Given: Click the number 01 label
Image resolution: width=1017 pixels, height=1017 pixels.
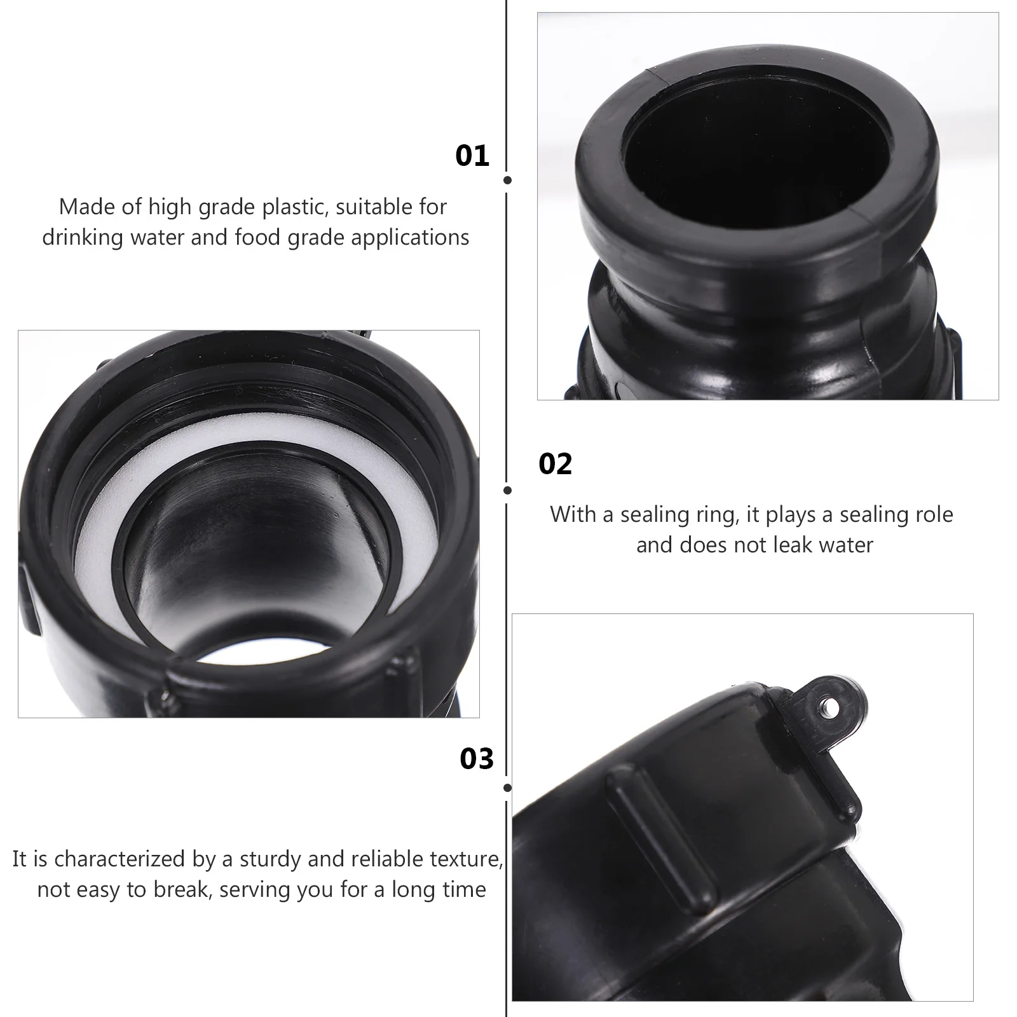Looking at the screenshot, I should coord(472,156).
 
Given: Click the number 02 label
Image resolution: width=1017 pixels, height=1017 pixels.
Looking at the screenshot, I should coord(555,465).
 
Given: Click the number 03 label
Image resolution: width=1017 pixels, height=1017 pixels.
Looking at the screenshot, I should coord(477,759).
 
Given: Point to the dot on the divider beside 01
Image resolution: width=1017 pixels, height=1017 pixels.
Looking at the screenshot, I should coord(507,181).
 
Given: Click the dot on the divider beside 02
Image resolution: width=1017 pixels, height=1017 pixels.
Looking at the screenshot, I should coord(507,490).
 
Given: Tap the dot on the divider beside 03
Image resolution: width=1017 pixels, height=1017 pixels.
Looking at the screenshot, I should coord(507,788).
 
